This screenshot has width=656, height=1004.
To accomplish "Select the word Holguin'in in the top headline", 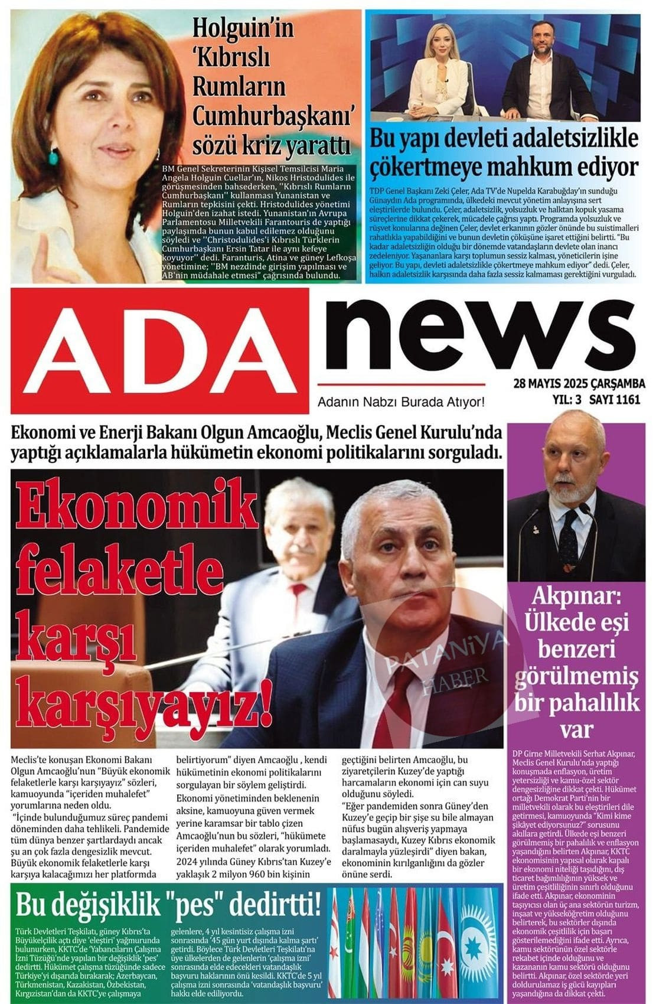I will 243,28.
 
